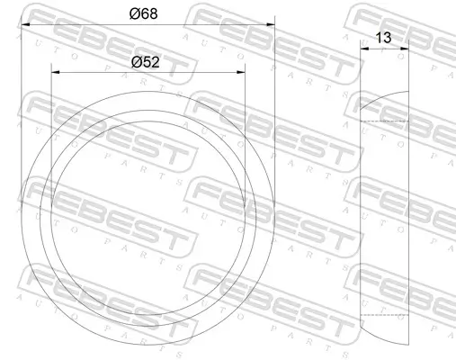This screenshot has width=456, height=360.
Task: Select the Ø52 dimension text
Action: click(x=147, y=62)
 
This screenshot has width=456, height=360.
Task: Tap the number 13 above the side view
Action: click(x=383, y=39)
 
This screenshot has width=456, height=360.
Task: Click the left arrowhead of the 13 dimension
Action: click(x=363, y=49)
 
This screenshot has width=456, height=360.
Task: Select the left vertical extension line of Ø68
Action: click(x=20, y=108)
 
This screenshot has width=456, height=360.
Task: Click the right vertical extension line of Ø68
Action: click(x=273, y=108)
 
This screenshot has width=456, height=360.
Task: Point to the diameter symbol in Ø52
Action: click(x=136, y=62)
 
